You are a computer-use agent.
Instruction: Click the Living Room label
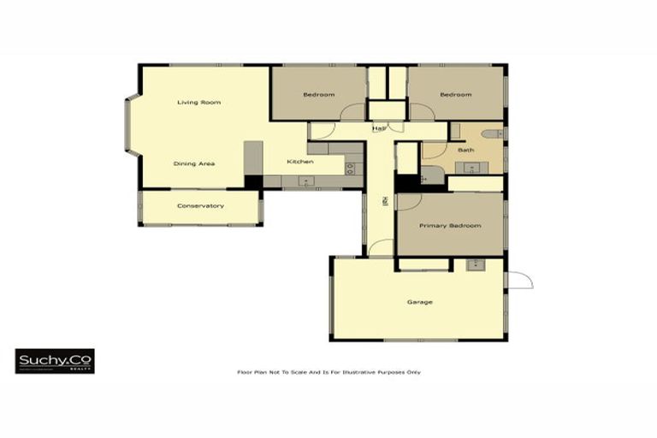pos(198,103)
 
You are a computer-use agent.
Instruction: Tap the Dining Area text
pos(194,163)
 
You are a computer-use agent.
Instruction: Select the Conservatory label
pos(200,205)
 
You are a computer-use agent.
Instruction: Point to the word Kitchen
pos(300,162)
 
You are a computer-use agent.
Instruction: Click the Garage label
pos(419,302)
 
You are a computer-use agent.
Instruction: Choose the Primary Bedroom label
pos(449,226)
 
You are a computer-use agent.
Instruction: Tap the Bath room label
pos(465,150)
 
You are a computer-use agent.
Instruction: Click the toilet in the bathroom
pos(494,134)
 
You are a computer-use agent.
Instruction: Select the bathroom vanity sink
pos(471,167)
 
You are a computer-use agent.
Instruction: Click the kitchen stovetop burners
pos(349,168)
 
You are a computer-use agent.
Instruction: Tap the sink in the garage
pos(473,264)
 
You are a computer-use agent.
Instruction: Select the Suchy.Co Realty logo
pos(55,361)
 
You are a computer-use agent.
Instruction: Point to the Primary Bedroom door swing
pos(407,202)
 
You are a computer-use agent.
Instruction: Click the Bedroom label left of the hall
pos(318,94)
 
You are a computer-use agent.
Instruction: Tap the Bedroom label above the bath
pos(455,94)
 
